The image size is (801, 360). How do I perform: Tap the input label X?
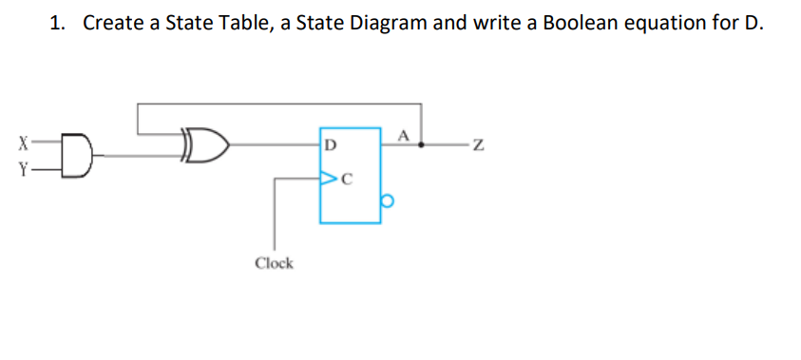(x=21, y=145)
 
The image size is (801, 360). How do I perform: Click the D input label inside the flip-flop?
(x=329, y=146)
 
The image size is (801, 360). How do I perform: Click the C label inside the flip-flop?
(x=346, y=177)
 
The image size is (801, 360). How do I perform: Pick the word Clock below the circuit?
(x=274, y=262)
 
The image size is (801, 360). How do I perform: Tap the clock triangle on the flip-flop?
(x=327, y=177)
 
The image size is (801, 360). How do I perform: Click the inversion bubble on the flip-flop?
(x=387, y=202)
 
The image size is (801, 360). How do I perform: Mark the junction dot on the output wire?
(x=422, y=146)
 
